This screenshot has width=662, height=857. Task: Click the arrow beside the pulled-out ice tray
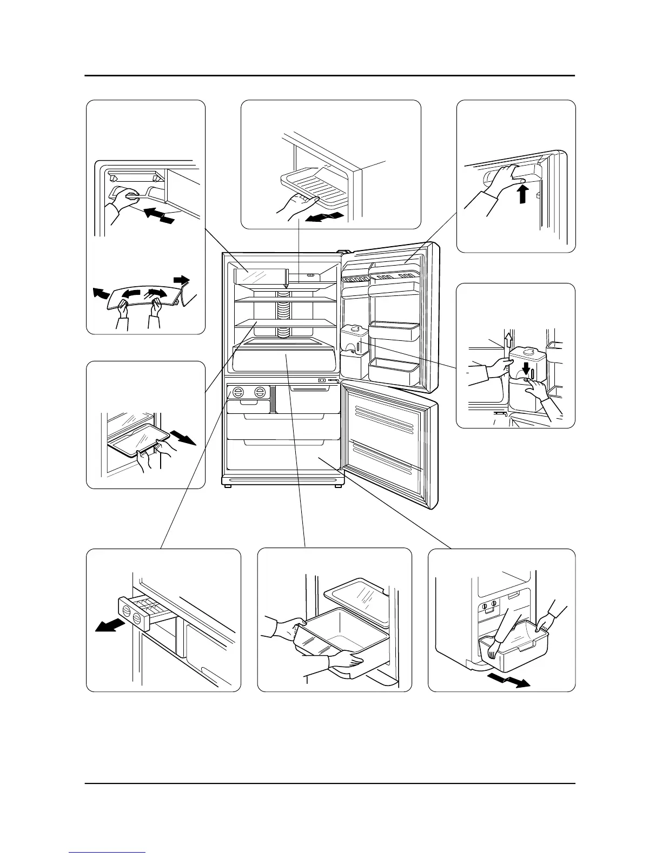[109, 625]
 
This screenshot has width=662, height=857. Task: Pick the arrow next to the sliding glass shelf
[182, 437]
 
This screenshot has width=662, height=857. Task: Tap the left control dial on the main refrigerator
[239, 392]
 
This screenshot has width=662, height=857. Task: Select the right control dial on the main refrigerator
[261, 392]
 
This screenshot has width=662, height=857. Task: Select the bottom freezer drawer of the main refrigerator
[283, 454]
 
